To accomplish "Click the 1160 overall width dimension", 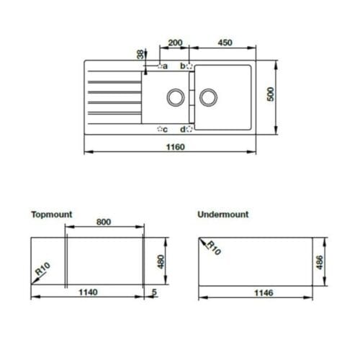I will (x=171, y=147).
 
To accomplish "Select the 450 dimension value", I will (x=224, y=42).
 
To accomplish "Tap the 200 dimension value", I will (x=174, y=42).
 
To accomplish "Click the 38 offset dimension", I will (x=139, y=55).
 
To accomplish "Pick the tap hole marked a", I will (x=160, y=66).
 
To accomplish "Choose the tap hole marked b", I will (x=189, y=66).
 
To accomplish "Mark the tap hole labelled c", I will (x=160, y=130).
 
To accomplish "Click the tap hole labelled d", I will (x=189, y=130).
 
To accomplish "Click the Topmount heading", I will (x=52, y=214).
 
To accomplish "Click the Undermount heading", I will (x=222, y=214).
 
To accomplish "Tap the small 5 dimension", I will (x=154, y=292).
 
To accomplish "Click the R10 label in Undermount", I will (x=212, y=249).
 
